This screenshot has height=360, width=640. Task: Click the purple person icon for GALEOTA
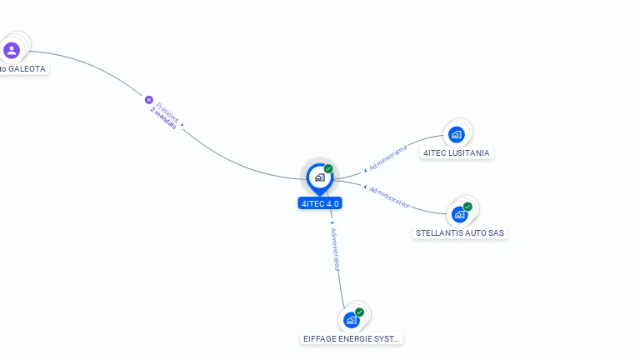click(12, 51)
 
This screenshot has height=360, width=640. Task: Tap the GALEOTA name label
click(23, 69)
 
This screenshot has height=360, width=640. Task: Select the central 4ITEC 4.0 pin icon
click(319, 177)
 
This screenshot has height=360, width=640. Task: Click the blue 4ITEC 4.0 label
click(320, 203)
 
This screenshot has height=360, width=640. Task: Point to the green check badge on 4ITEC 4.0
click(328, 169)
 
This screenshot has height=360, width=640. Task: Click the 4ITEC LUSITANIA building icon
click(456, 134)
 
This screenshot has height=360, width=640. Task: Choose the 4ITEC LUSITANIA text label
click(457, 153)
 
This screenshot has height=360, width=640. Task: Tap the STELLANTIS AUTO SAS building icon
click(459, 214)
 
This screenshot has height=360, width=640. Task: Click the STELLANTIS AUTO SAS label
click(460, 233)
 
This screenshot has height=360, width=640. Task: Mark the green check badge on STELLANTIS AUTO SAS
click(467, 207)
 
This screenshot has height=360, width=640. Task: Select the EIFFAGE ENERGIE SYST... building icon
click(352, 320)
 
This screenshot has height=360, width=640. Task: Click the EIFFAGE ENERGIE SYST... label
click(352, 339)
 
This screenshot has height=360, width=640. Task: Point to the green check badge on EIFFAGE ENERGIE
click(359, 312)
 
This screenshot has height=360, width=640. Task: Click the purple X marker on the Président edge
click(149, 100)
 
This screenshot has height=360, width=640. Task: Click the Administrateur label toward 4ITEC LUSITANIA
click(388, 156)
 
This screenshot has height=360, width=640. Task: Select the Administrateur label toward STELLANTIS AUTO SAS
click(389, 197)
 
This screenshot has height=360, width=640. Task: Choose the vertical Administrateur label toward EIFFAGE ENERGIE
click(335, 249)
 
